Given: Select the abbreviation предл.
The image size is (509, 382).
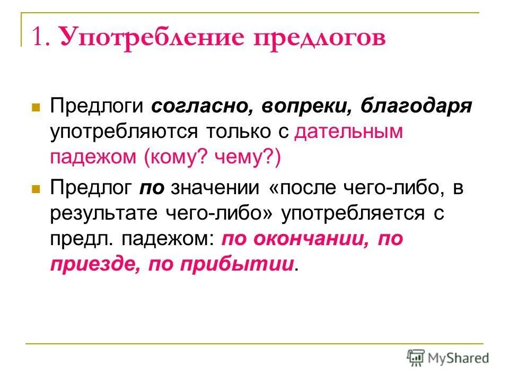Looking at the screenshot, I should (x=80, y=239).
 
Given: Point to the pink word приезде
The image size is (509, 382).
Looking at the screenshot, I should (x=94, y=265).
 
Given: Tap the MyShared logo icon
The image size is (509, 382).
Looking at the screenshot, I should (x=416, y=357).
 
